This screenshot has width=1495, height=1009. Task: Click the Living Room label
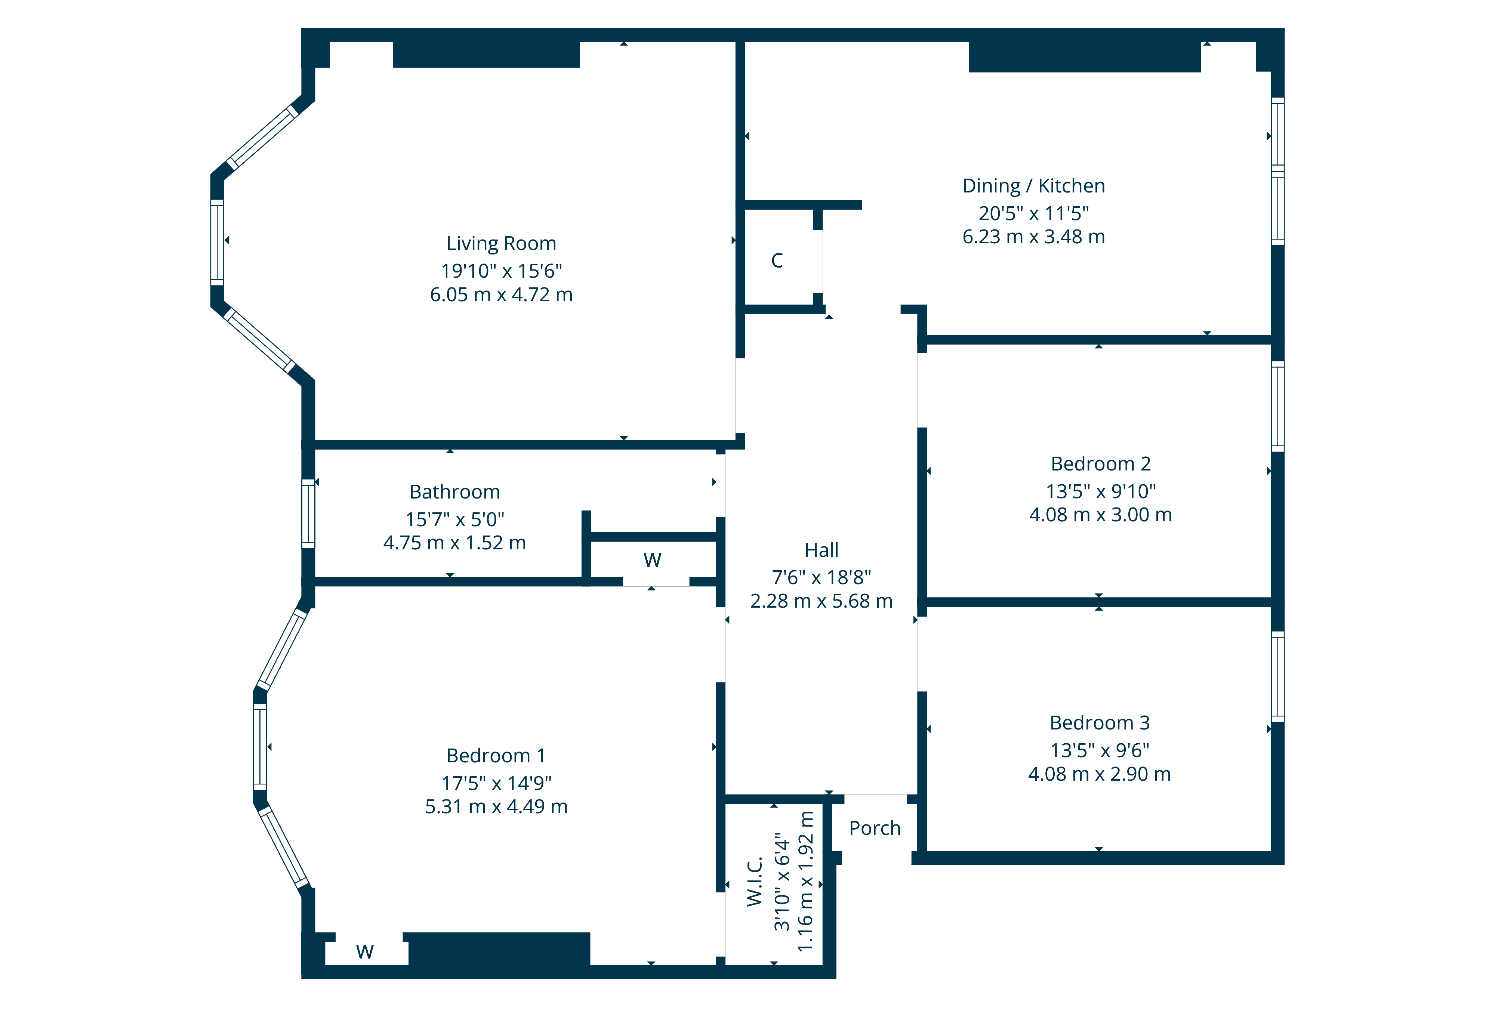point(501,244)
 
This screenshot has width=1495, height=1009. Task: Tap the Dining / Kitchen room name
point(1033,186)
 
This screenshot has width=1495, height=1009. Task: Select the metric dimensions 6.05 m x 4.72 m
point(501,294)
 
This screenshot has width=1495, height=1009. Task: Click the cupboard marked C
point(777,260)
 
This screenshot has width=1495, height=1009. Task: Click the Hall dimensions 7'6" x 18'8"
point(822,577)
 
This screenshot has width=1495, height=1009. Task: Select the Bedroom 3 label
point(1099,723)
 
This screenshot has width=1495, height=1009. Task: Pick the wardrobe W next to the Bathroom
point(652,560)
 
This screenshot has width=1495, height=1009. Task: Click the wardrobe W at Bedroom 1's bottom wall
point(365,952)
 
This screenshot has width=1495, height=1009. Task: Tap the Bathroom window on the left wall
point(309,514)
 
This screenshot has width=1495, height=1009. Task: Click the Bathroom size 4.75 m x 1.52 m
point(454,543)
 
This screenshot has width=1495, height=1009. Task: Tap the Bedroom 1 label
point(496,756)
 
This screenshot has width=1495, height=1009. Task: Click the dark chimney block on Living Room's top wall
point(486,55)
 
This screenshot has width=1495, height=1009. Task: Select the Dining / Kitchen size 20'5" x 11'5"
point(1033,213)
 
